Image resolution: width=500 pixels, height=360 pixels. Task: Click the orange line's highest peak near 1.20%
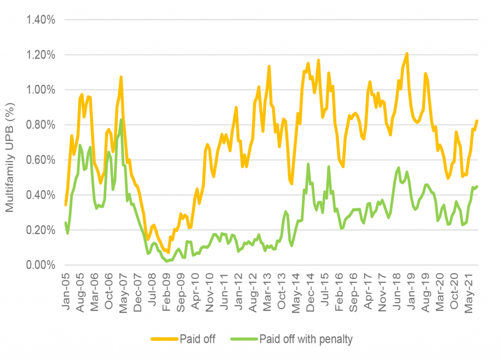407,54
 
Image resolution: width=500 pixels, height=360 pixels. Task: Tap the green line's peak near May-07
121,120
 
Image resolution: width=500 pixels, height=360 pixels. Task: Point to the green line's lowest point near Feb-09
167,261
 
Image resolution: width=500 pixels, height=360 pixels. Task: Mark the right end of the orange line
477,121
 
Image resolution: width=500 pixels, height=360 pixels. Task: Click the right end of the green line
477,186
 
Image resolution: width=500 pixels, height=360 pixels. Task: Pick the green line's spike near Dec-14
308,164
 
